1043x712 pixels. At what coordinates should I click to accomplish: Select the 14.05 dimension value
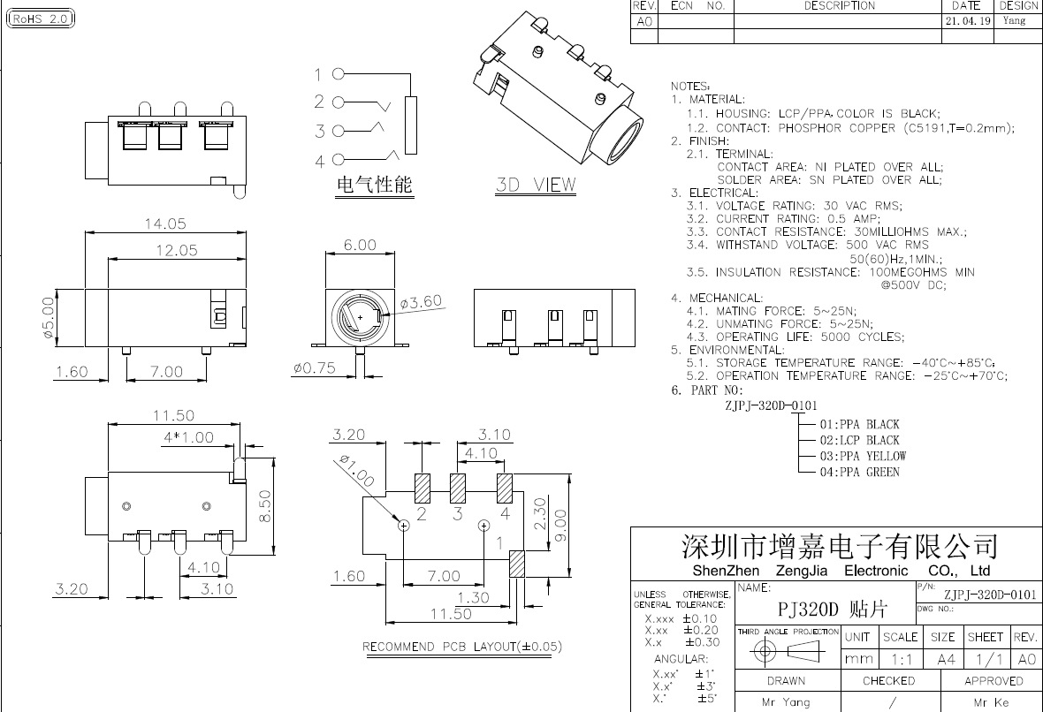pyautogui.click(x=165, y=224)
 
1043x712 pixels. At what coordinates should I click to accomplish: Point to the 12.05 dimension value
pyautogui.click(x=177, y=251)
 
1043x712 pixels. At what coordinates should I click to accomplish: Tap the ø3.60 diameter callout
pyautogui.click(x=421, y=302)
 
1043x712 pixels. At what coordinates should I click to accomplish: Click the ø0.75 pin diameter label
pyautogui.click(x=315, y=369)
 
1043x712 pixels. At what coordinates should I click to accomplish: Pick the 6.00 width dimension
pyautogui.click(x=360, y=245)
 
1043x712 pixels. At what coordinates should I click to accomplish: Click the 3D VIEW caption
pyautogui.click(x=535, y=186)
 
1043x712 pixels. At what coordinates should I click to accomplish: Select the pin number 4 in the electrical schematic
pyautogui.click(x=319, y=161)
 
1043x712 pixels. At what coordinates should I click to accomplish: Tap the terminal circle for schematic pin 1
pyautogui.click(x=338, y=74)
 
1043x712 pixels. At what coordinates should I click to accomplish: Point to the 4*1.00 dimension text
pyautogui.click(x=187, y=437)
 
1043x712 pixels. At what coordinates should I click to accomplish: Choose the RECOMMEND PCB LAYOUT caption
pyautogui.click(x=462, y=647)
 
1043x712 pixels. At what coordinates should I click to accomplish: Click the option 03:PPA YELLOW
pyautogui.click(x=863, y=456)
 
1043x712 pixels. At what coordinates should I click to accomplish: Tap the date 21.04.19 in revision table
pyautogui.click(x=967, y=20)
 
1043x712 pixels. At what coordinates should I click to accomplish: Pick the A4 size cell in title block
pyautogui.click(x=944, y=659)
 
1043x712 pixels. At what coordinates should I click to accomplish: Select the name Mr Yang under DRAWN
pyautogui.click(x=786, y=702)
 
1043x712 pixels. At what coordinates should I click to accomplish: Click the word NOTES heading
pyautogui.click(x=690, y=87)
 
